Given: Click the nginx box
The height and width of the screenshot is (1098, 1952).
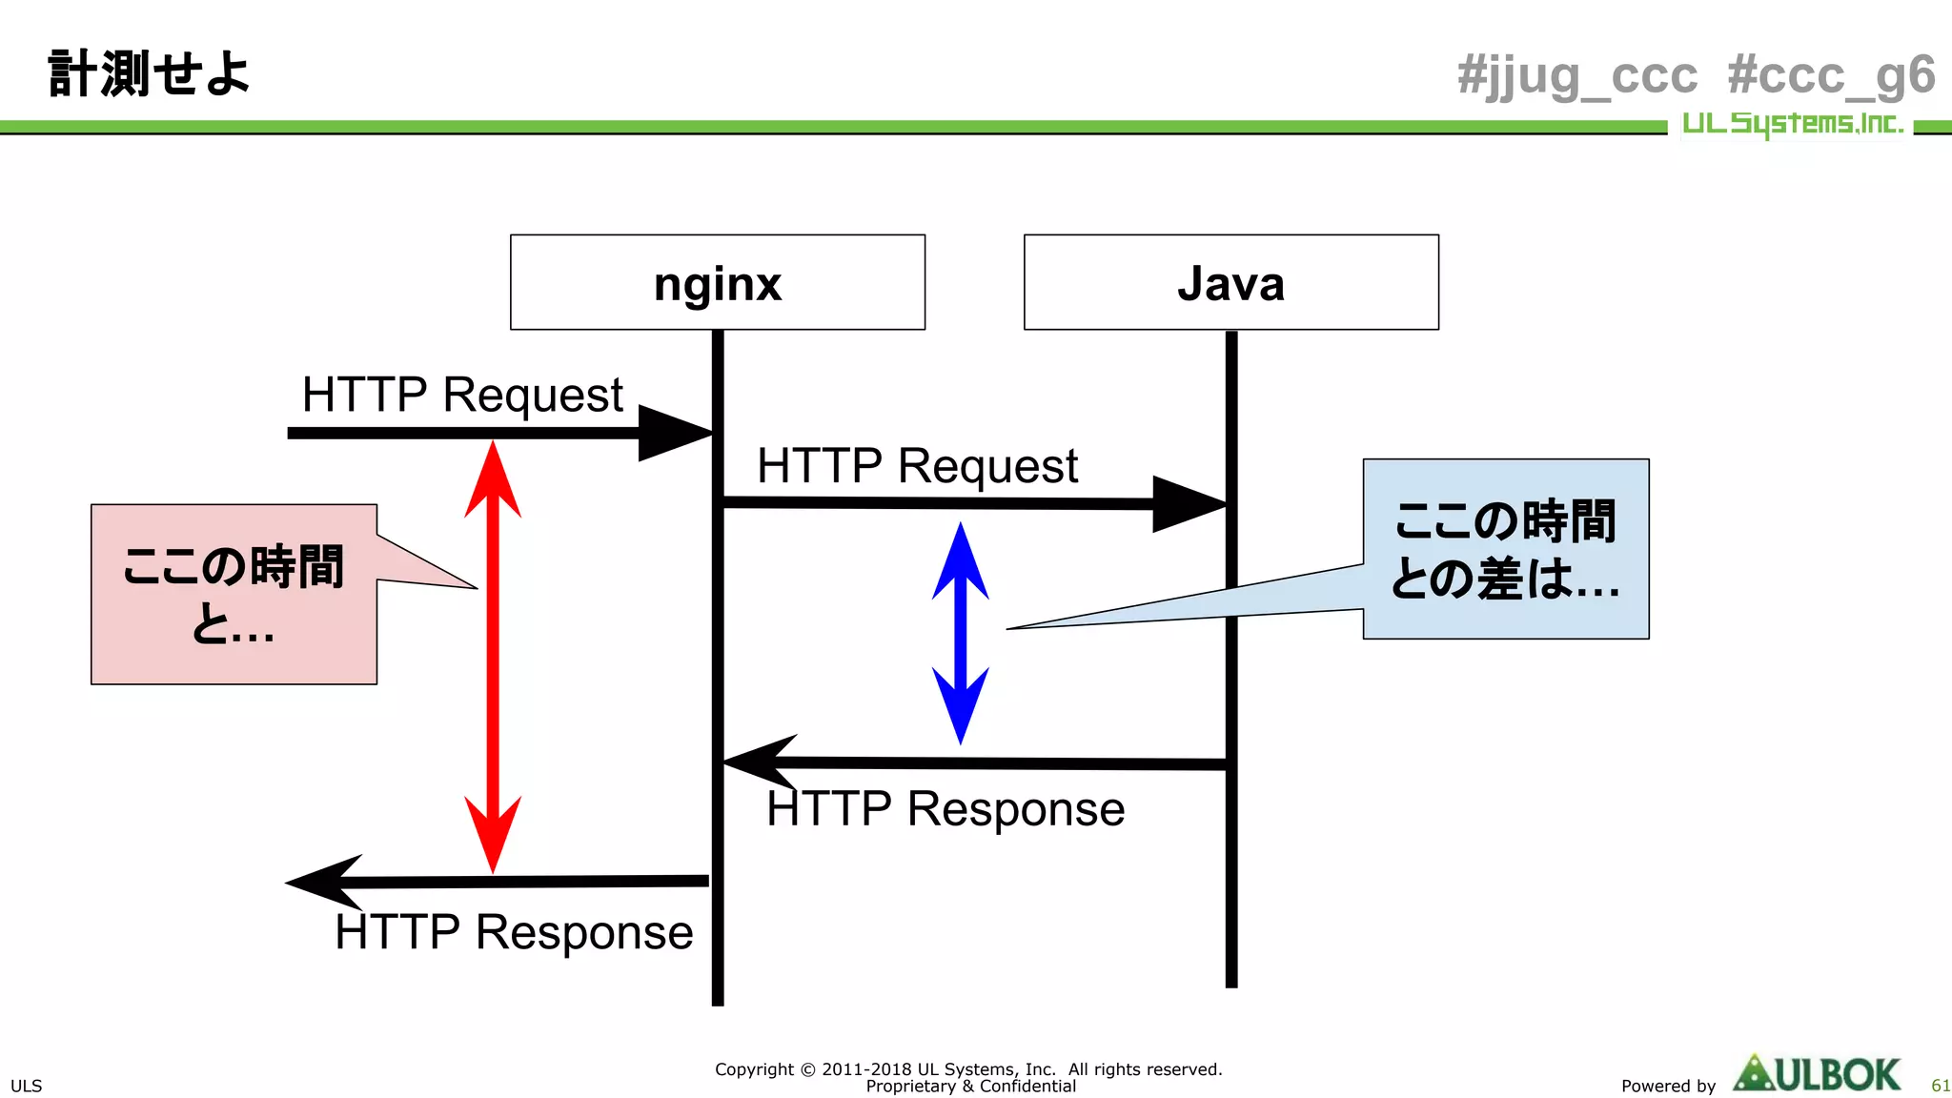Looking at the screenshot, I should click(717, 282).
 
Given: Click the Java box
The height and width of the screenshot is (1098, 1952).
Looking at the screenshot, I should click(1230, 282).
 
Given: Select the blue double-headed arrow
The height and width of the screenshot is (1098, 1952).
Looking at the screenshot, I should click(960, 633).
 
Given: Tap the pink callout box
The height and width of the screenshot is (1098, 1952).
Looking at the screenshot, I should click(234, 594).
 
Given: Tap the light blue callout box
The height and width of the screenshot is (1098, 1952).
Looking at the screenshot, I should click(1505, 549).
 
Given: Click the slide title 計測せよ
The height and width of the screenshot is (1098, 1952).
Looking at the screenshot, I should click(149, 73).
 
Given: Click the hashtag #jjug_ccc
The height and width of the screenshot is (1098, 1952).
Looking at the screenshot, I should click(1577, 75).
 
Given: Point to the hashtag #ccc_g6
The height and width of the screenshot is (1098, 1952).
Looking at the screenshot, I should click(1831, 75).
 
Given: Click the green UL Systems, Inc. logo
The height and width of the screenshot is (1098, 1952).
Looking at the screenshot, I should click(1792, 124).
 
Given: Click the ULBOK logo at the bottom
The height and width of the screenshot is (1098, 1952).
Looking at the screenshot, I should click(1817, 1074).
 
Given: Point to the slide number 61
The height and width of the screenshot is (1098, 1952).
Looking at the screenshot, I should click(1940, 1086).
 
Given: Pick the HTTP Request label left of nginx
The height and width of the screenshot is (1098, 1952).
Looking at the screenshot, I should click(462, 395).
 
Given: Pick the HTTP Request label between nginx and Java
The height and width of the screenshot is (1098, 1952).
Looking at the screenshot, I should click(917, 466).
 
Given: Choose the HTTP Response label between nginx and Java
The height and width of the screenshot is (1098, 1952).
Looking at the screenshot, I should click(945, 809).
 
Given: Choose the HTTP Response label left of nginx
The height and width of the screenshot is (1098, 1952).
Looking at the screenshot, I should click(514, 932).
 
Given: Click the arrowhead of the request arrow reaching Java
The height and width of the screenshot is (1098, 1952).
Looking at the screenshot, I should click(1188, 504).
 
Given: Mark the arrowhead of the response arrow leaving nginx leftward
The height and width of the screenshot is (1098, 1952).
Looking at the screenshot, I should click(324, 882).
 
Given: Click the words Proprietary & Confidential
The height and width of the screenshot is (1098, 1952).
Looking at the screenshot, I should click(970, 1087).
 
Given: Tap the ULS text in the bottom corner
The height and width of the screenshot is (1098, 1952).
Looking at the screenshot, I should click(26, 1086).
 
